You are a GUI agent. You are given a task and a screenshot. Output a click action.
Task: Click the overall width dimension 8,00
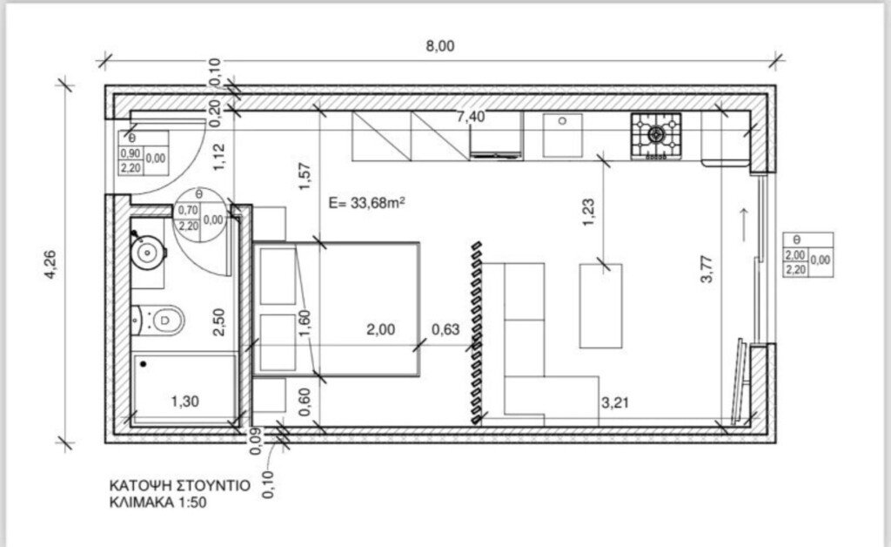pos(440,46)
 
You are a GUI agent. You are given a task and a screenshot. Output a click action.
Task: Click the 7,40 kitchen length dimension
pos(471,117)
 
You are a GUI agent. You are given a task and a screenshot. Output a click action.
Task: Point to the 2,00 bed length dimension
pos(381,329)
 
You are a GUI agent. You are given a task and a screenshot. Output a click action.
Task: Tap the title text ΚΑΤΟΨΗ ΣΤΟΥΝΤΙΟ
pos(179,483)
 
